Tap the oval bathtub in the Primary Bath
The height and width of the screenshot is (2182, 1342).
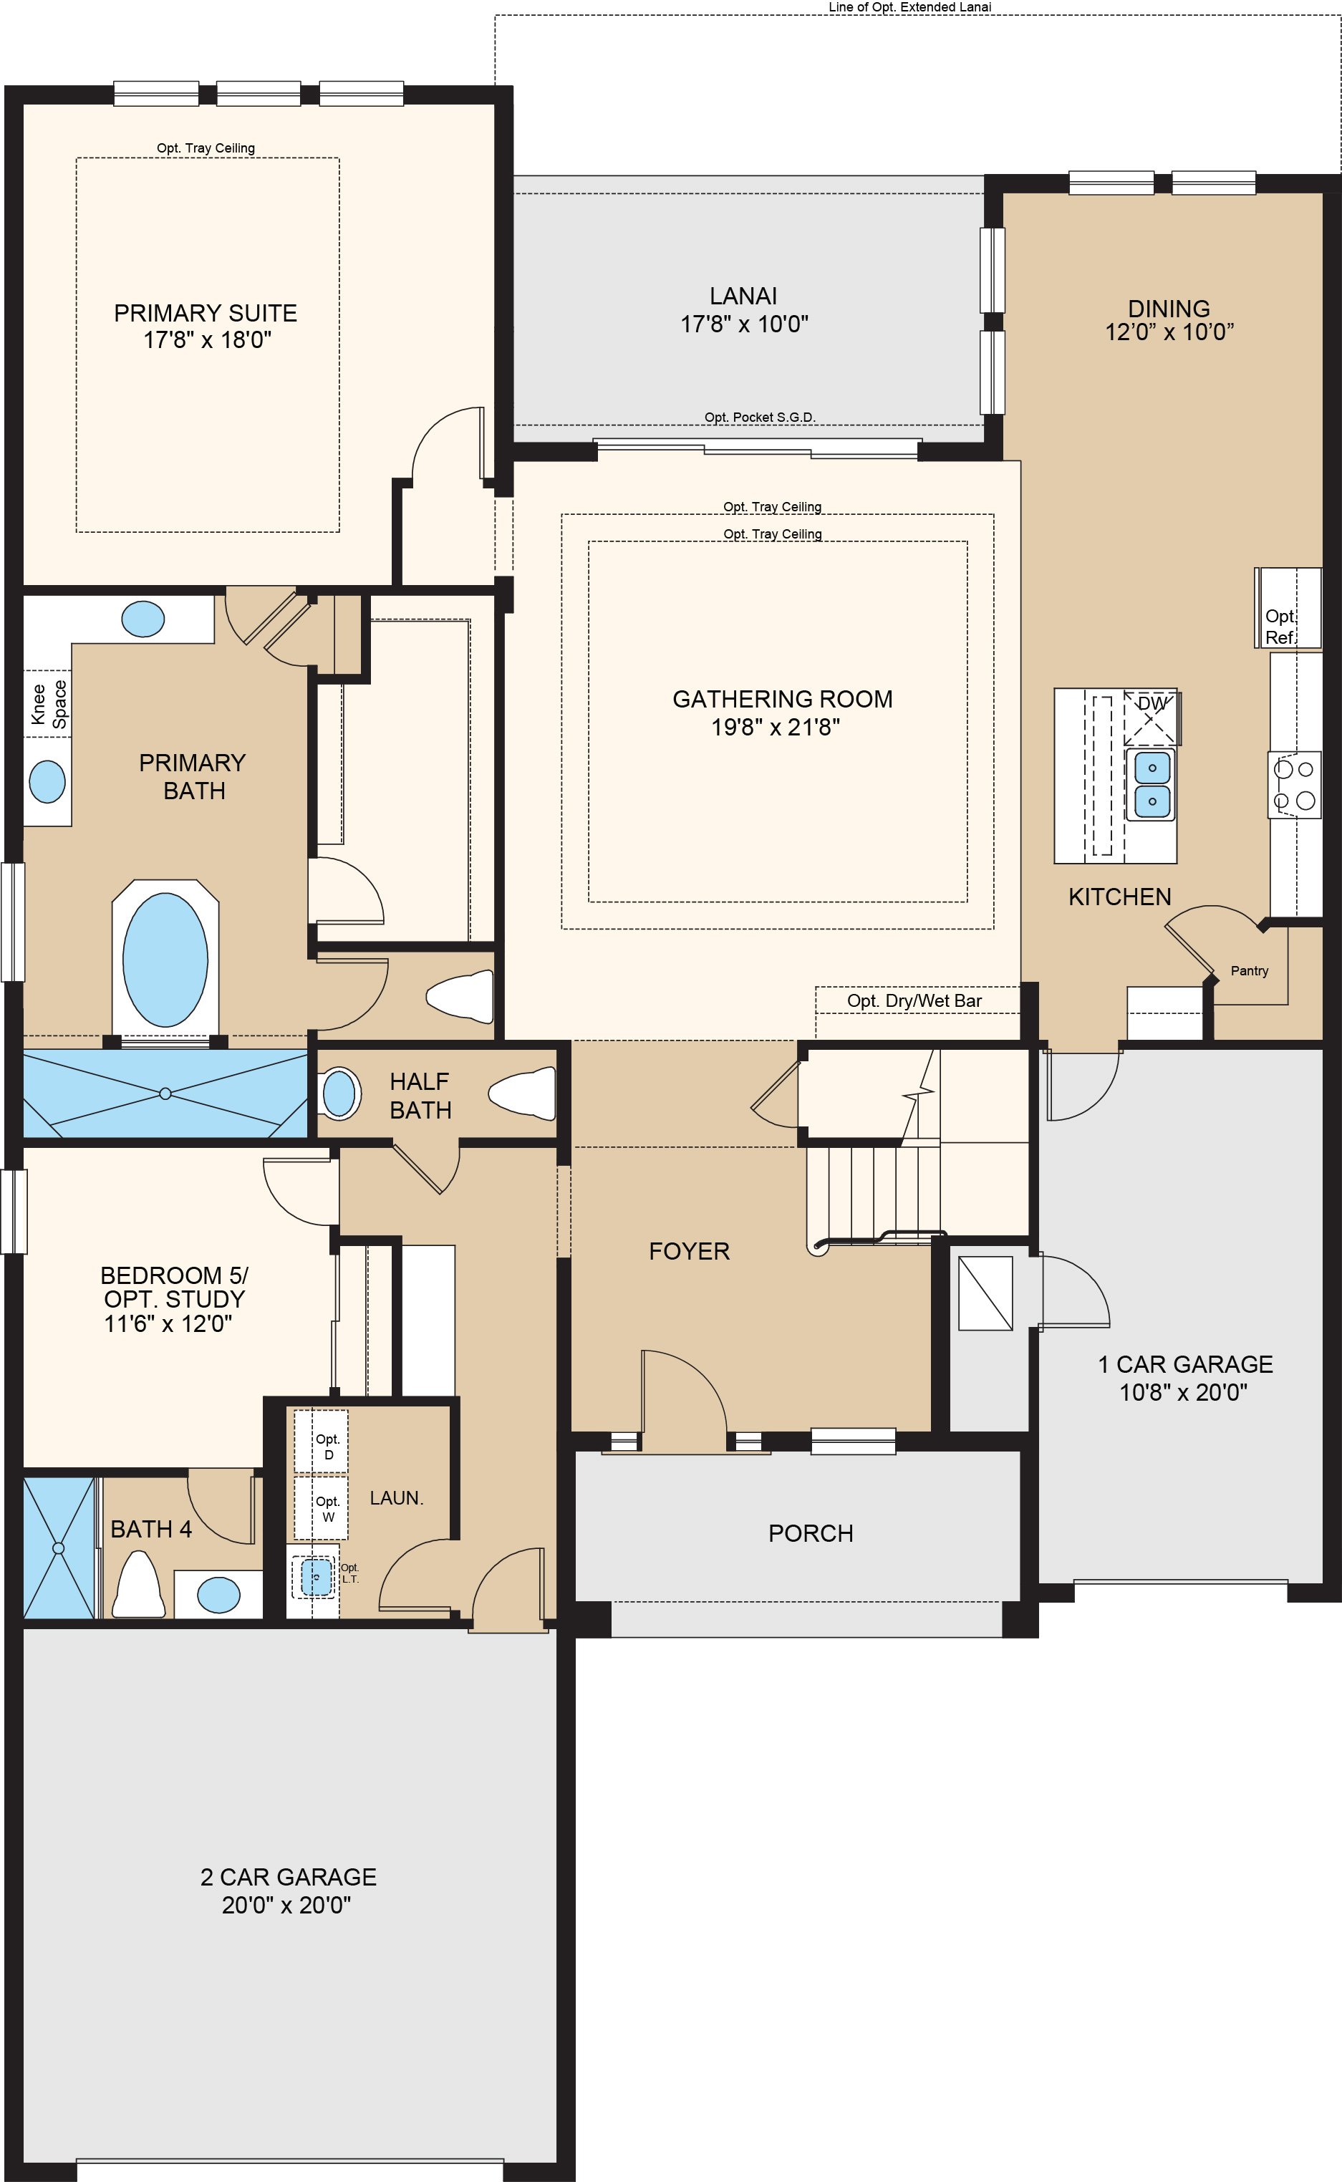point(165,958)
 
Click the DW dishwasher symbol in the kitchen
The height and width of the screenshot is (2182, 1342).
point(1152,716)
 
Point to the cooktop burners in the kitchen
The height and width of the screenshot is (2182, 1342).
point(1294,784)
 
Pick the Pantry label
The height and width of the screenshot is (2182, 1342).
point(1249,971)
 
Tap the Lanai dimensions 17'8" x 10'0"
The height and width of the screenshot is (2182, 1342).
point(744,324)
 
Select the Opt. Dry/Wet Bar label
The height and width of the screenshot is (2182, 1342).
point(914,1001)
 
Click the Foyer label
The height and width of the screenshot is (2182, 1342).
point(689,1251)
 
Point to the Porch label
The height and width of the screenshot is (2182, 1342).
point(811,1533)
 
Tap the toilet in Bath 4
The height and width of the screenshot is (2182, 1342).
point(138,1585)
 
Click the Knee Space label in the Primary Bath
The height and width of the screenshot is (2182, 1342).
point(49,704)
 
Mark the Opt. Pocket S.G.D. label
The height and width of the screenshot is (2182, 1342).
point(759,417)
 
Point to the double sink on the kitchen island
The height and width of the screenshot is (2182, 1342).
point(1152,784)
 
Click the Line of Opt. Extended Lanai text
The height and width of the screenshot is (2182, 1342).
point(909,7)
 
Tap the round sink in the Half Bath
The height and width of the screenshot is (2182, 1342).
point(338,1094)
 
